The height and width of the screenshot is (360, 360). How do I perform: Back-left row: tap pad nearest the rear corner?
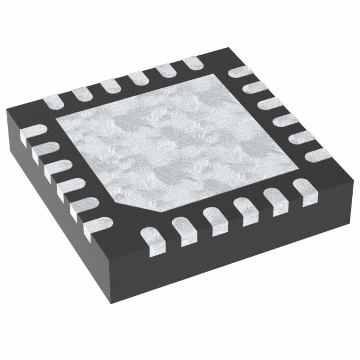191,63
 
